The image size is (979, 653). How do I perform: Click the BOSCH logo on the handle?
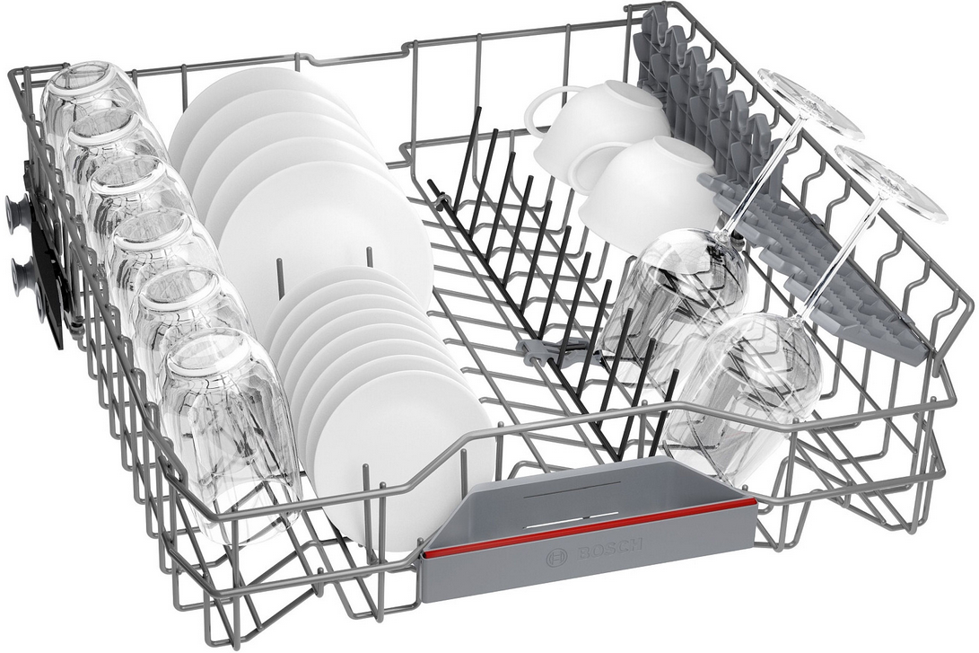coord(594,550)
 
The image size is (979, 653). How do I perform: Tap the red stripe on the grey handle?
coord(590,526)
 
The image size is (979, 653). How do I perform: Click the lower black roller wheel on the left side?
coord(23,272)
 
